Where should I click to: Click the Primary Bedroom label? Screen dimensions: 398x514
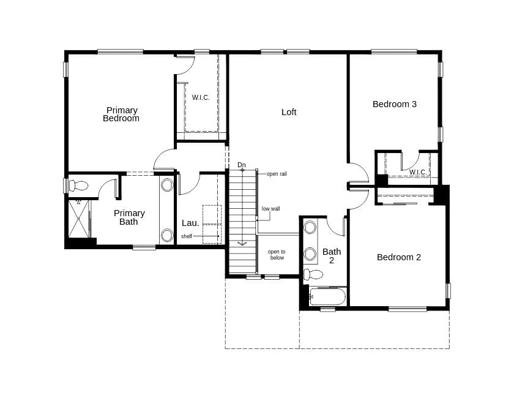[x=121, y=115]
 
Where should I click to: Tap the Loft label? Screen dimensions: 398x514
[x=289, y=112]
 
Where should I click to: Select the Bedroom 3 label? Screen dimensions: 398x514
[x=395, y=104]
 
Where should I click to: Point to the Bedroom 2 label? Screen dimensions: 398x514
[x=399, y=257]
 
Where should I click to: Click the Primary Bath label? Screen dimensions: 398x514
[x=129, y=217]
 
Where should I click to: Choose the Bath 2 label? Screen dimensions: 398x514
[x=332, y=255]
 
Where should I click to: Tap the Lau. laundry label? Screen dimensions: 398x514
[x=190, y=223]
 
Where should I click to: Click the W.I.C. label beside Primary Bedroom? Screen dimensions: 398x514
[x=201, y=97]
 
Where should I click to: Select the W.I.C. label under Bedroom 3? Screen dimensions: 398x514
[x=418, y=172]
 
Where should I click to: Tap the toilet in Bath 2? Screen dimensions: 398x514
[x=313, y=274]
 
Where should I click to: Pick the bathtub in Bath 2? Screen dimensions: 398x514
[x=327, y=297]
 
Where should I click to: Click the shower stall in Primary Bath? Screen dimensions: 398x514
[x=78, y=219]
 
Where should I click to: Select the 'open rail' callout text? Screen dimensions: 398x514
[x=277, y=174]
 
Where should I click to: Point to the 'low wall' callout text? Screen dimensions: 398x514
[x=270, y=209]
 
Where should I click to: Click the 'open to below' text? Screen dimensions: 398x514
[x=277, y=255]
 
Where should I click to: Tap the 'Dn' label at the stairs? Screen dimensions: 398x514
[x=242, y=165]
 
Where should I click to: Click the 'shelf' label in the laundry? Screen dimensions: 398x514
[x=186, y=236]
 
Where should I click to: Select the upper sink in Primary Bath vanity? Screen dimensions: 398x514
[x=167, y=185]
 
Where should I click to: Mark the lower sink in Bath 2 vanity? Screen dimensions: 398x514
[x=310, y=253]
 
